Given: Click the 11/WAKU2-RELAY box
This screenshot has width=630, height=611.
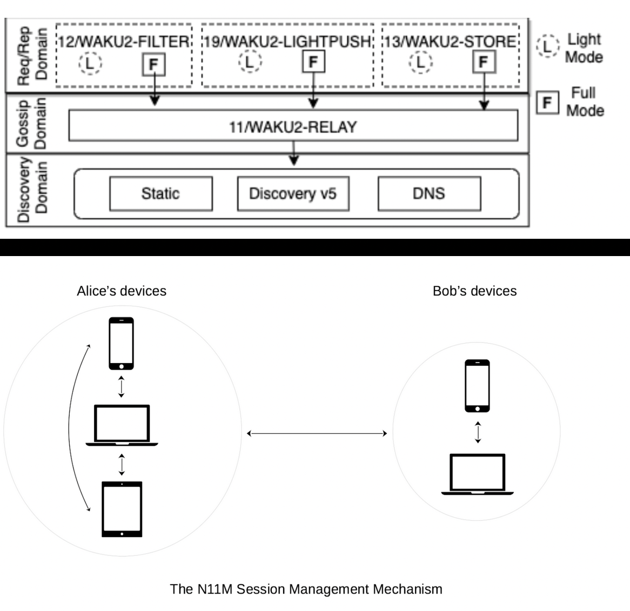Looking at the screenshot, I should (x=293, y=126).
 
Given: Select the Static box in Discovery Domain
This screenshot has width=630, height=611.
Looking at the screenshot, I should (x=160, y=193).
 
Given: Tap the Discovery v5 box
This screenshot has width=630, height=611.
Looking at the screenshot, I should (x=293, y=193).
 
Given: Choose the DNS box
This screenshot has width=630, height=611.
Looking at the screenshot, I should (x=429, y=193).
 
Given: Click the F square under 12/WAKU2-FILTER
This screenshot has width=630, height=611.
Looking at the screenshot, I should (x=153, y=65).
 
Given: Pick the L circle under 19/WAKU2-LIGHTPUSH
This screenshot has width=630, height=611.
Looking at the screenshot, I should (x=249, y=62).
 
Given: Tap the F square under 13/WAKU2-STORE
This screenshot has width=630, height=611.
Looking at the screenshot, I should (x=484, y=62).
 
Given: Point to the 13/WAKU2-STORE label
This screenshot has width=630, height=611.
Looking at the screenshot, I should (x=450, y=42).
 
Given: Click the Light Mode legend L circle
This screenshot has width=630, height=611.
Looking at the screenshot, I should (x=547, y=46).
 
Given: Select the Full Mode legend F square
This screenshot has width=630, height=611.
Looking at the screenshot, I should (x=547, y=102).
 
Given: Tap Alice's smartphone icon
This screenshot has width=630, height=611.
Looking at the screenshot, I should (x=121, y=343).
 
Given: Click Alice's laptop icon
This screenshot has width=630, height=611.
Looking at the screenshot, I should (x=122, y=426).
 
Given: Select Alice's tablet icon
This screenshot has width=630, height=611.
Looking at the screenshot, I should (x=122, y=509).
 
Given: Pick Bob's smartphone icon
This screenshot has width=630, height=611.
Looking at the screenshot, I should (x=477, y=386).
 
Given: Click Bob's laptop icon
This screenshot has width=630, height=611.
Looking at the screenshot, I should (x=478, y=474).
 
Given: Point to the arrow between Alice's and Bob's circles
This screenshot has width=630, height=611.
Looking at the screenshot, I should (x=317, y=433).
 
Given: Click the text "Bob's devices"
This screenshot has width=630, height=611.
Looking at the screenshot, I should (x=474, y=291).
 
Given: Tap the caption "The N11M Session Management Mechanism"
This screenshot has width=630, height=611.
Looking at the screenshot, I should (x=306, y=589).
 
